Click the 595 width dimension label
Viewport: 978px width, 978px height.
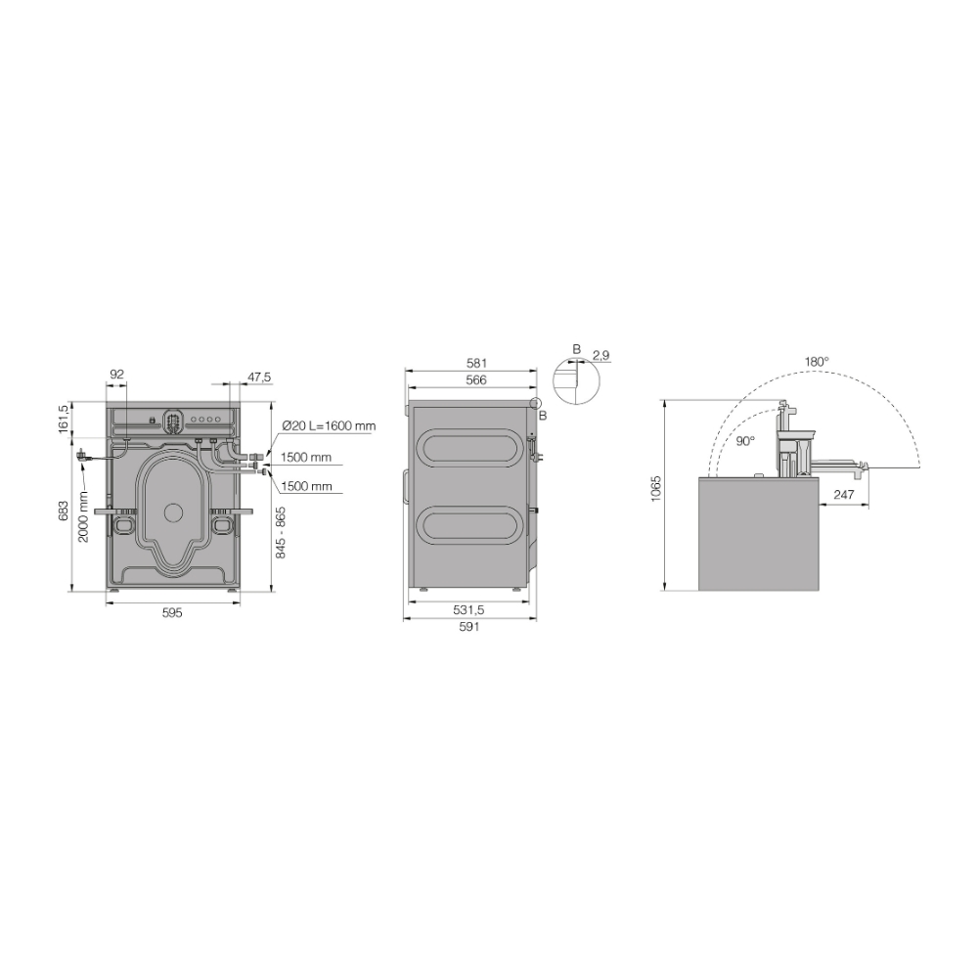click(172, 613)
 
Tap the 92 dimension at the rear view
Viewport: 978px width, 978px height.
click(116, 375)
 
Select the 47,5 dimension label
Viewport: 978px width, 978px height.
click(259, 378)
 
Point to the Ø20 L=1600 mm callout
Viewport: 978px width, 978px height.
click(329, 426)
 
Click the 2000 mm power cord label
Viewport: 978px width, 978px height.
click(83, 516)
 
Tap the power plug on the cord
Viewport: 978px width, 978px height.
click(82, 456)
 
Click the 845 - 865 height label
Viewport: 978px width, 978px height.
click(281, 532)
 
